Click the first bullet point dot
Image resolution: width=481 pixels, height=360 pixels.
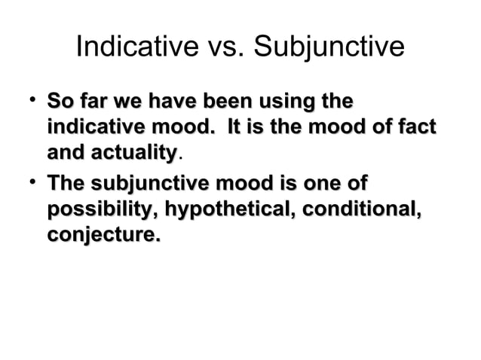[29, 99]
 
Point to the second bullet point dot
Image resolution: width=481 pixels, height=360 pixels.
[29, 183]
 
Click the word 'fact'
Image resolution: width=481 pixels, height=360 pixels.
[415, 127]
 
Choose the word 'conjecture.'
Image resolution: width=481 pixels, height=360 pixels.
[104, 239]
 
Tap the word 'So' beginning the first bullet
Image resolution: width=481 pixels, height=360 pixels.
[58, 100]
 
